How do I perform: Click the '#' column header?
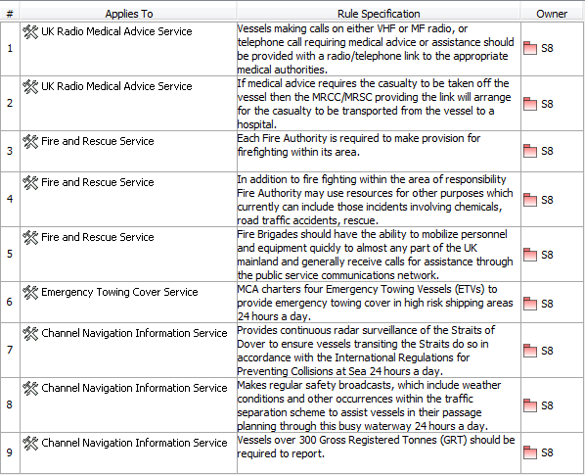point(9,14)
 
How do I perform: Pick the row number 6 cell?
point(9,304)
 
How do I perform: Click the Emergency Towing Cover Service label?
point(119,292)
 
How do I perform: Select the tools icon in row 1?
point(29,31)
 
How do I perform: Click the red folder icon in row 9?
point(530,453)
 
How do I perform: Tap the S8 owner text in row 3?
point(547,152)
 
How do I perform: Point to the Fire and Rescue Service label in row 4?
point(97,182)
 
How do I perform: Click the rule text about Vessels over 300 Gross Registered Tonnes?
point(376,447)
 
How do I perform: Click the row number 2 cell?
point(9,103)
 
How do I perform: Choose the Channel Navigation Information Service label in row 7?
point(134,333)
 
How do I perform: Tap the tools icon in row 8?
point(29,388)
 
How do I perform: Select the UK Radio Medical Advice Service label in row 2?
point(116,86)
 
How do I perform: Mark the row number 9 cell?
point(9,453)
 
